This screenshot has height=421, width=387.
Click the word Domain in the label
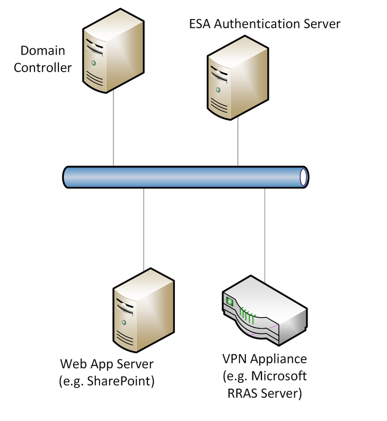[x=42, y=51]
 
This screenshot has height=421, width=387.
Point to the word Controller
[x=42, y=67]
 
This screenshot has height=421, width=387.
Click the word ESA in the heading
[x=200, y=24]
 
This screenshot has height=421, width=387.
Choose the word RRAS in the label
[x=240, y=393]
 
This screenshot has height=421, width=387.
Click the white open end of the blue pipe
[x=303, y=177]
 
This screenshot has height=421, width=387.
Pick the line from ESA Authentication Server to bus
[x=238, y=141]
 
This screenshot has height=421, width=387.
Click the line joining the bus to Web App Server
[x=144, y=228]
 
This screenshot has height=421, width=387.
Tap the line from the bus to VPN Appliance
[x=265, y=233]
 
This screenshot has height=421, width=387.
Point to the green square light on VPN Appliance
[x=230, y=301]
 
